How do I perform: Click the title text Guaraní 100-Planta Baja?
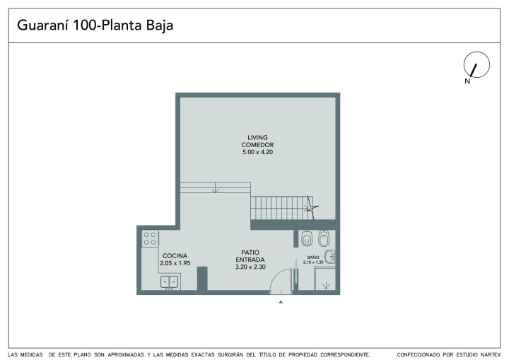pyautogui.click(x=95, y=25)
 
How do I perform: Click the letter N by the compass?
pyautogui.click(x=467, y=81)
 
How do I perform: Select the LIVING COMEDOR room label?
pyautogui.click(x=257, y=141)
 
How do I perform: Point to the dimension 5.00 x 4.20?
pyautogui.click(x=257, y=152)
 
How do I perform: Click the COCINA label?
pyautogui.click(x=175, y=256)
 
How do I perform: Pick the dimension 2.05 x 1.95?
pyautogui.click(x=175, y=263)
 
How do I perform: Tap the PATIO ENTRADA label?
pyautogui.click(x=250, y=256)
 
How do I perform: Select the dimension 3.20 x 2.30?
pyautogui.click(x=250, y=267)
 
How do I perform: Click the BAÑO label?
pyautogui.click(x=313, y=257)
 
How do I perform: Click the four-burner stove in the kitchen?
pyautogui.click(x=150, y=238)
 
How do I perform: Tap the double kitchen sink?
pyautogui.click(x=170, y=281)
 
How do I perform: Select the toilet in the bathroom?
pyautogui.click(x=307, y=239)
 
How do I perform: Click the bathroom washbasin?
pyautogui.click(x=330, y=257)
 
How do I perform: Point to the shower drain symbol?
pyautogui.click(x=326, y=286)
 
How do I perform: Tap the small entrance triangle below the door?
pyautogui.click(x=281, y=302)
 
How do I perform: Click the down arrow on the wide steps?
pyautogui.click(x=215, y=187)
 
